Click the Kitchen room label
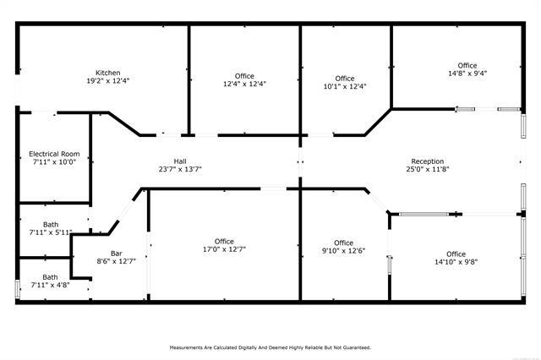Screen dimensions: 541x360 click(108, 73)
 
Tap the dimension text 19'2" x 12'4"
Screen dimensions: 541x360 click(108, 80)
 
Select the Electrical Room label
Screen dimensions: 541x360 click(54, 154)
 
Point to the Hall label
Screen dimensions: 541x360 click(180, 161)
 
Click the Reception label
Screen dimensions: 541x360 click(428, 161)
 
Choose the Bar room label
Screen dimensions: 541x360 click(117, 254)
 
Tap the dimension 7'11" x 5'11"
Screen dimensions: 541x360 click(51, 232)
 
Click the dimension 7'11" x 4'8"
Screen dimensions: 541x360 click(51, 285)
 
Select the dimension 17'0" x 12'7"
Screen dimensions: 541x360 click(224, 249)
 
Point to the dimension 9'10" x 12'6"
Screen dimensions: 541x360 click(344, 251)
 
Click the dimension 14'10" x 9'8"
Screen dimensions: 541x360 click(456, 262)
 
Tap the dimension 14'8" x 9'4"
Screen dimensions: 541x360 click(467, 74)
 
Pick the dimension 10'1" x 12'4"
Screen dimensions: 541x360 click(345, 86)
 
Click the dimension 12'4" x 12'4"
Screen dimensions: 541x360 click(244, 84)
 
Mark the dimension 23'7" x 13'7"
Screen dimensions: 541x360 click(180, 169)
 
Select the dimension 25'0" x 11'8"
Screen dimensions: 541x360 click(428, 169)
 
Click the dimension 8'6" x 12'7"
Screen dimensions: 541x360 click(117, 261)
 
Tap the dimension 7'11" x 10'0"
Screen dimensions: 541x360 click(54, 161)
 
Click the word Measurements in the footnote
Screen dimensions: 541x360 click(185, 347)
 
